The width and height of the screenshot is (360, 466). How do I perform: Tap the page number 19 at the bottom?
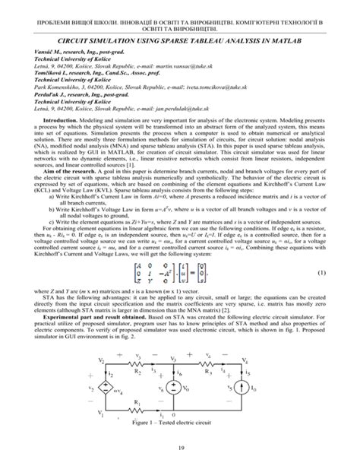(180, 449)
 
